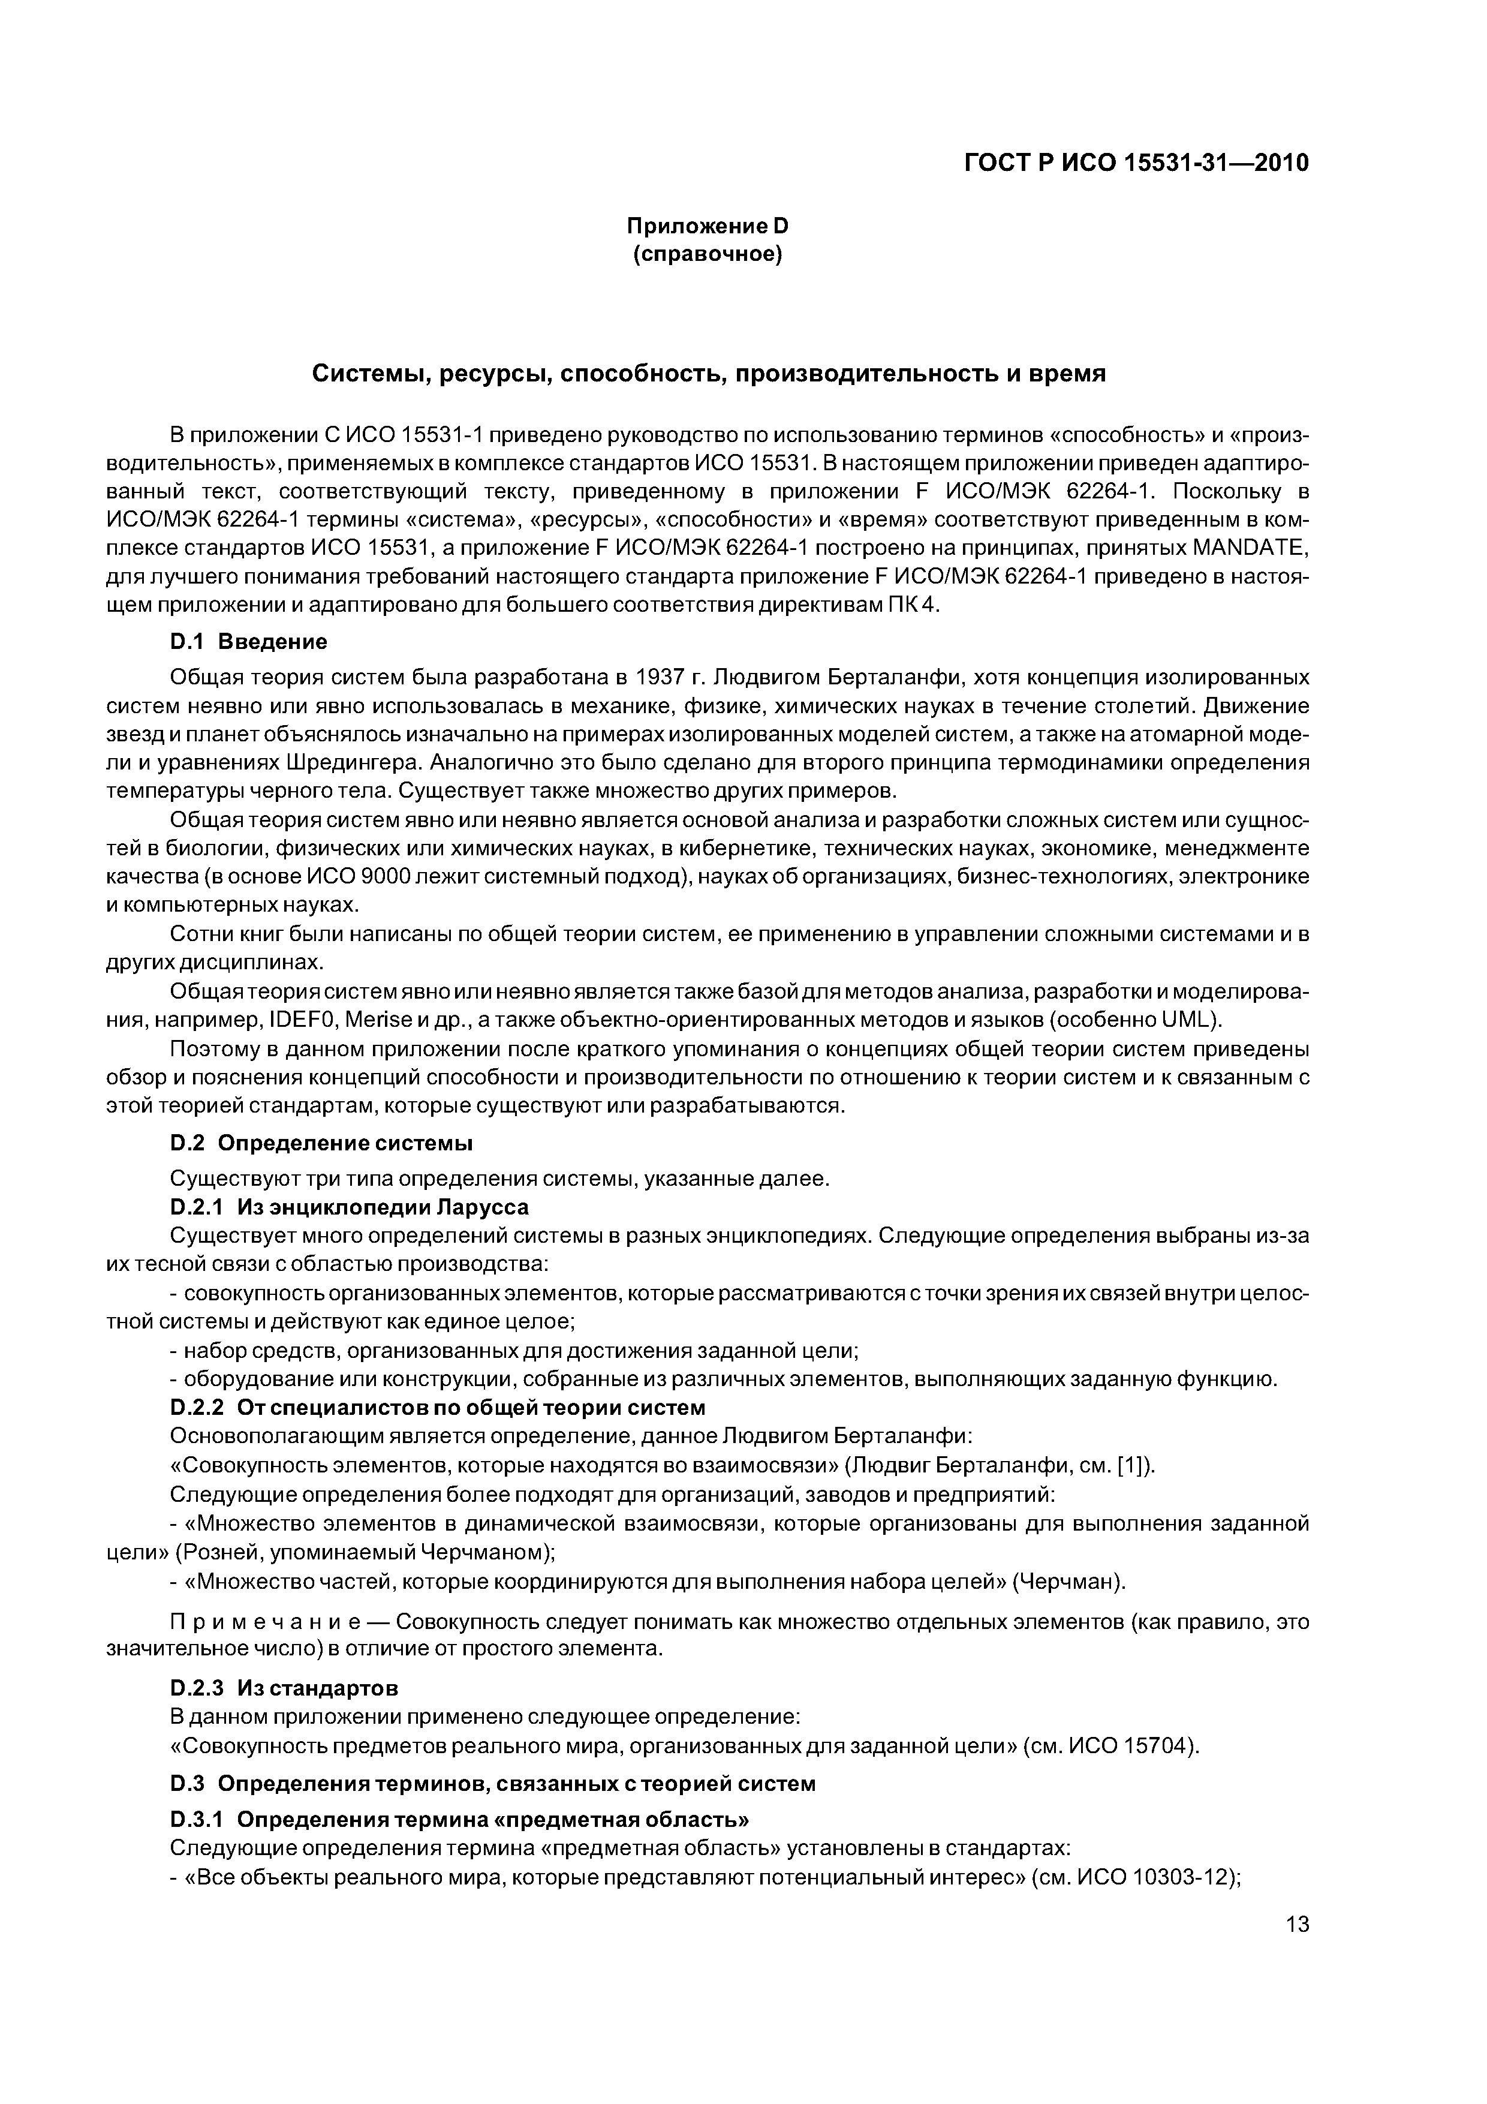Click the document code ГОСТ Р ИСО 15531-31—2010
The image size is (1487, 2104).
click(1136, 163)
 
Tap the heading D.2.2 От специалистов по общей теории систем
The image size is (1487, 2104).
click(438, 1406)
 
